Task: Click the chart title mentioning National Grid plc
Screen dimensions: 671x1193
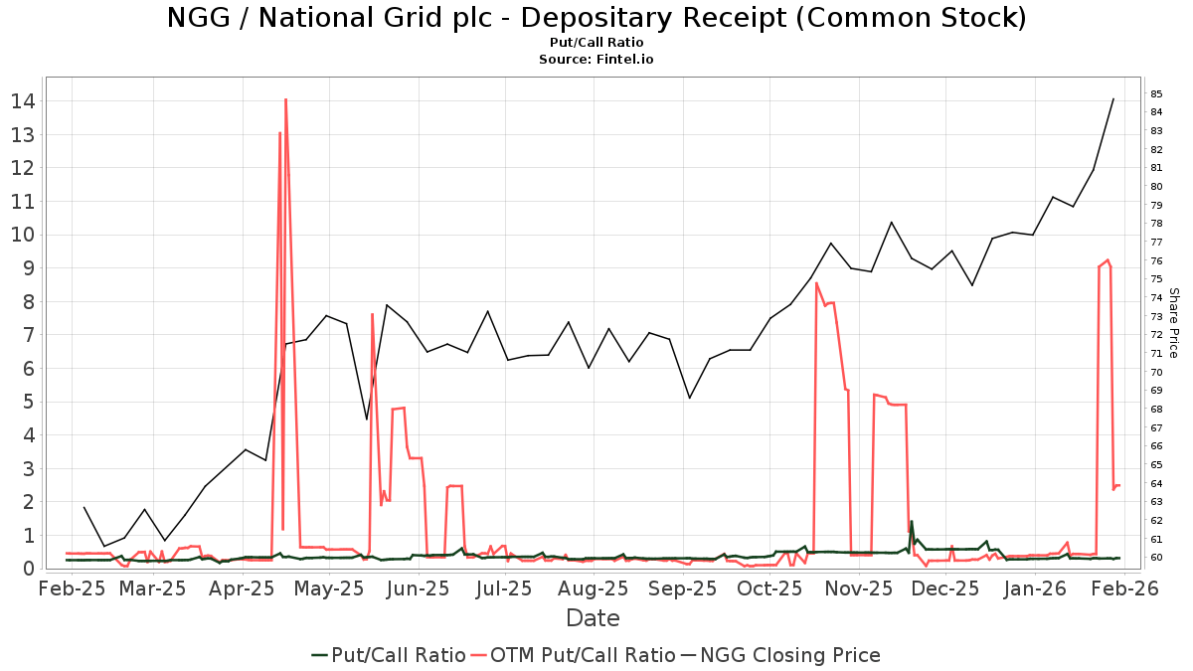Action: pyautogui.click(x=596, y=18)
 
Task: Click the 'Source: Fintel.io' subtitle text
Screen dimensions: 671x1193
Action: pyautogui.click(x=596, y=60)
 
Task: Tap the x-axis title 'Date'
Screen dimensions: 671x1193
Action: pyautogui.click(x=593, y=618)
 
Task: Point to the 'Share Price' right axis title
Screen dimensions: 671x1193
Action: pyautogui.click(x=1173, y=323)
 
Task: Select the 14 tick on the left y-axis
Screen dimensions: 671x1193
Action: pyautogui.click(x=24, y=101)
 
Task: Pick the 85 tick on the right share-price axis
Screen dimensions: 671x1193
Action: pyautogui.click(x=1157, y=93)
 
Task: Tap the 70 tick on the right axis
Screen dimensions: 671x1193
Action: pyautogui.click(x=1157, y=372)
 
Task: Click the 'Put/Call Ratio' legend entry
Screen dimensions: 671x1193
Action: pyautogui.click(x=388, y=655)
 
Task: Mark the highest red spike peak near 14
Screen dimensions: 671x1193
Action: pyautogui.click(x=285, y=99)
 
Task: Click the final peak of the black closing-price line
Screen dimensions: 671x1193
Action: pyautogui.click(x=1112, y=98)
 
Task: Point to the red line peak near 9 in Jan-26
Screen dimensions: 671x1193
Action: pyautogui.click(x=1108, y=260)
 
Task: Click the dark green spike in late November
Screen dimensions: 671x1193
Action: pyautogui.click(x=911, y=522)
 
